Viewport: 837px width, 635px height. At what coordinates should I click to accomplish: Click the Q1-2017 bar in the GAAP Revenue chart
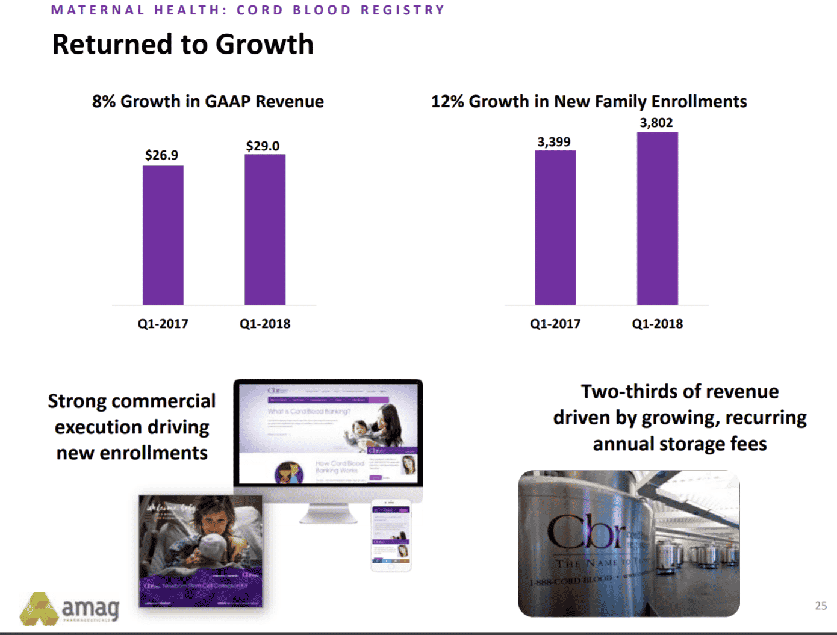tap(163, 235)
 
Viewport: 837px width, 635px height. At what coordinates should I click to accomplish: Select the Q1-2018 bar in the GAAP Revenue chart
tap(265, 229)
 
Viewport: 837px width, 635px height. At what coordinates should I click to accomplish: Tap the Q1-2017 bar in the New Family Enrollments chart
tap(555, 228)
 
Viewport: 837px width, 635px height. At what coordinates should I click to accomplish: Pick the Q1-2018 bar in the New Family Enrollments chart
tap(658, 218)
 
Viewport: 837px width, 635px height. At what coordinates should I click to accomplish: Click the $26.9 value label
tap(161, 155)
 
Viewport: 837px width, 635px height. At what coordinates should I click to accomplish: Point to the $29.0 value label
tap(263, 146)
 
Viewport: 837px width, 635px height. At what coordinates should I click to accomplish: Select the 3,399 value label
tap(554, 142)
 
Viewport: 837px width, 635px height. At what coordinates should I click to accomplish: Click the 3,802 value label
tap(656, 123)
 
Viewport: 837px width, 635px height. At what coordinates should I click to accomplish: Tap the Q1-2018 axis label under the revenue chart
tap(265, 324)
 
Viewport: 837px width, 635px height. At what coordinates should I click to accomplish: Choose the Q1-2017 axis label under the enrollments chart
tap(555, 324)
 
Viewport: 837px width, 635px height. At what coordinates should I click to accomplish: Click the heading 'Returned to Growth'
tap(182, 45)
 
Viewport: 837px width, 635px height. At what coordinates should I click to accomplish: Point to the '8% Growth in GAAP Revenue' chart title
tap(208, 101)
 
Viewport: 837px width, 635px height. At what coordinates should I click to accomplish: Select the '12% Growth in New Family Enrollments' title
tap(589, 101)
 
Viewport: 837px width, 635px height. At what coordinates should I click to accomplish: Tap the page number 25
tap(821, 606)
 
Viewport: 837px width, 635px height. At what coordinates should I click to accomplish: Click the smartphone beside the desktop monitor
tap(391, 535)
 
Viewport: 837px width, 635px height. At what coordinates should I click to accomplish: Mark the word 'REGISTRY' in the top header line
tap(403, 10)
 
